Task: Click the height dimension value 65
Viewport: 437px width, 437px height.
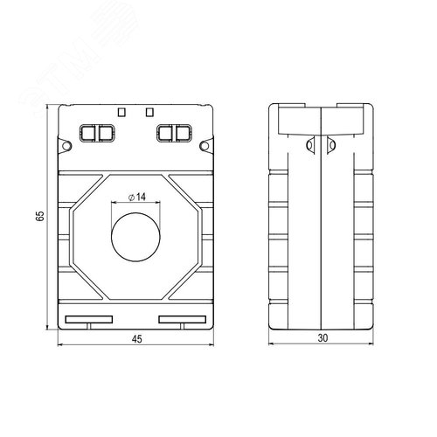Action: [39, 217]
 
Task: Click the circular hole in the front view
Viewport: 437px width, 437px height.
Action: [135, 236]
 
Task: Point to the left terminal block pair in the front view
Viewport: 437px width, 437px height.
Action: [97, 133]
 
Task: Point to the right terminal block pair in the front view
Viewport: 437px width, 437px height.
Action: [174, 133]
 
